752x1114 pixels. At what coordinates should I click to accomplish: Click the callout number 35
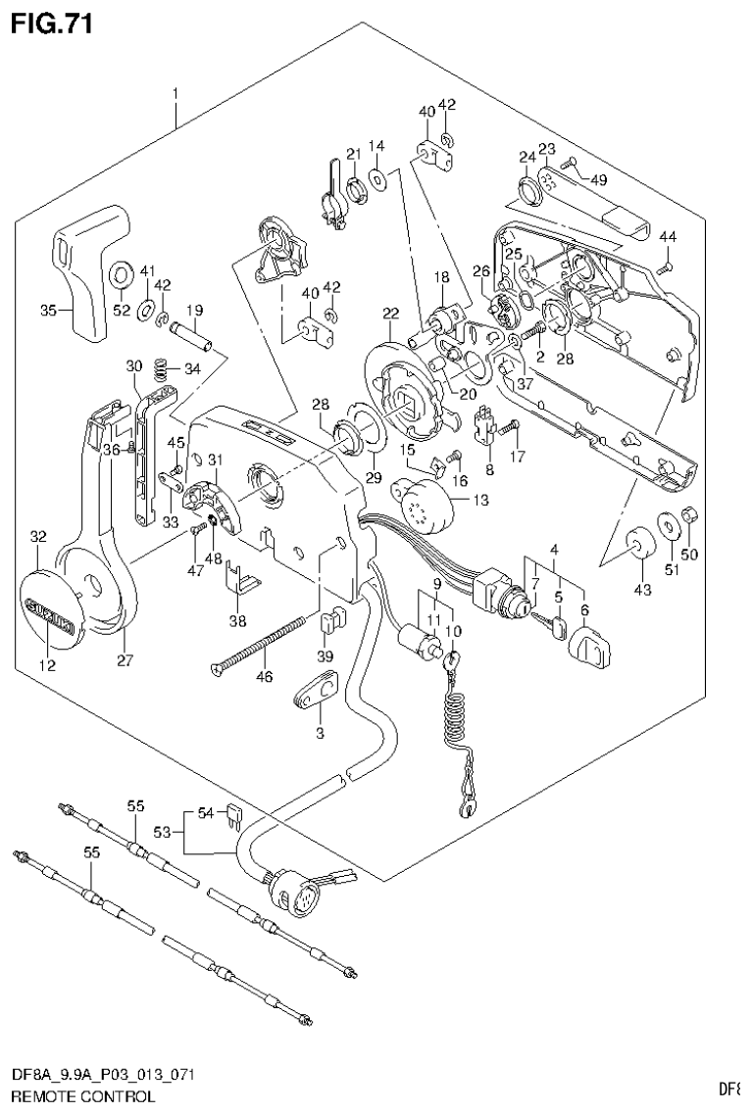pyautogui.click(x=48, y=311)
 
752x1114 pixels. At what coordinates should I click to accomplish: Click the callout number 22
pyautogui.click(x=390, y=314)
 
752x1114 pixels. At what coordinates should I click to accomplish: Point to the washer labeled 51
pyautogui.click(x=669, y=528)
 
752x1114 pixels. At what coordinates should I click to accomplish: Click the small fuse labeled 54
pyautogui.click(x=232, y=814)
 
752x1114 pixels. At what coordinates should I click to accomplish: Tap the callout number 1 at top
pyautogui.click(x=175, y=94)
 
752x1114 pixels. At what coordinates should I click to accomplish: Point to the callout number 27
pyautogui.click(x=125, y=660)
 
